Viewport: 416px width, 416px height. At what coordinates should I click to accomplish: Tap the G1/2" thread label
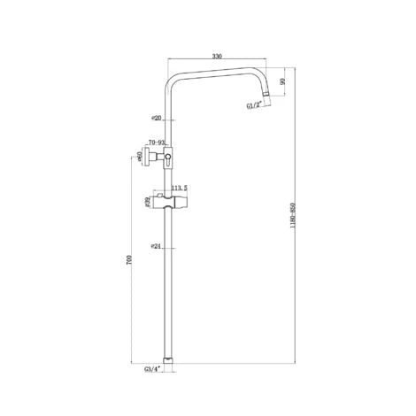click(256, 107)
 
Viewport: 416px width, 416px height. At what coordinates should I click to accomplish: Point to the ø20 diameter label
click(156, 118)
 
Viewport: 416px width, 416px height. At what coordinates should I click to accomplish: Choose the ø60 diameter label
click(142, 157)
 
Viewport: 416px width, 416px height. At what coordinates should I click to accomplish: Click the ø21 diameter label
click(156, 247)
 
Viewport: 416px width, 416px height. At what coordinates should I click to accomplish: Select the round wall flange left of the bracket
click(150, 157)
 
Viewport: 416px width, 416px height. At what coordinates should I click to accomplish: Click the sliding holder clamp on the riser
click(172, 203)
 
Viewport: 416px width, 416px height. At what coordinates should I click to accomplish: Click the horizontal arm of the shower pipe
click(217, 72)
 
